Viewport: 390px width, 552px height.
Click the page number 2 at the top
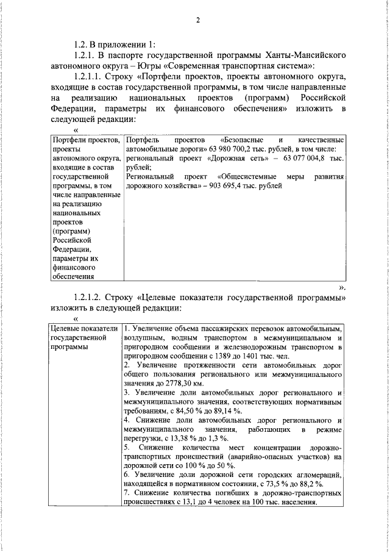point(198,21)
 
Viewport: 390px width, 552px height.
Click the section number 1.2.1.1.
point(88,77)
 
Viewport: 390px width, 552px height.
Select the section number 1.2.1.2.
point(88,297)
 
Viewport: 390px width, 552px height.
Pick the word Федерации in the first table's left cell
point(71,249)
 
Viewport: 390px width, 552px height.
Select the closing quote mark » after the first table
point(343,286)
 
